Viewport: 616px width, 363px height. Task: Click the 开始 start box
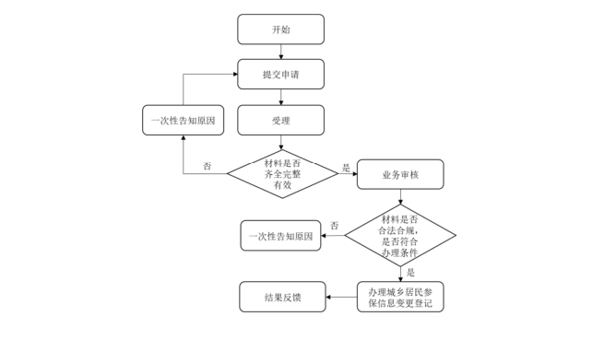click(x=280, y=29)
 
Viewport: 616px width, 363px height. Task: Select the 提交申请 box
click(x=280, y=75)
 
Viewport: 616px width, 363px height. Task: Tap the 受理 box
click(x=280, y=120)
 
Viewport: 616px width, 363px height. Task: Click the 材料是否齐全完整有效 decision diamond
click(x=282, y=173)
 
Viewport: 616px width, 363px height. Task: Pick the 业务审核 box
click(x=399, y=174)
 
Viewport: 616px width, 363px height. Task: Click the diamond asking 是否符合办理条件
click(x=400, y=236)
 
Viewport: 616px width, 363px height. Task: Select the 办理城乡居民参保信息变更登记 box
click(x=400, y=297)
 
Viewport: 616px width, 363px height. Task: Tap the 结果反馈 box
click(x=282, y=297)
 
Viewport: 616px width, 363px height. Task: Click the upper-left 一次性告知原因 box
click(x=184, y=120)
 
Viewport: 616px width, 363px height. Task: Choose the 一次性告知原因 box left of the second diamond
click(x=281, y=236)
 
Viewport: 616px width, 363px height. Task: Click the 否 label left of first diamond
click(x=207, y=167)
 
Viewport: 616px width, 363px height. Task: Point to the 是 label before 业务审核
click(x=347, y=168)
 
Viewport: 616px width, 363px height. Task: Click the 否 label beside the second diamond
click(x=334, y=226)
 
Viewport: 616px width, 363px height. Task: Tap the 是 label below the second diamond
click(x=410, y=273)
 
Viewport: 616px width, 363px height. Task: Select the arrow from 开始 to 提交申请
click(x=280, y=52)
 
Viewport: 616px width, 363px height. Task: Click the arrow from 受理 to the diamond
click(x=280, y=142)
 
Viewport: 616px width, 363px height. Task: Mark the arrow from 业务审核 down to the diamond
click(x=400, y=197)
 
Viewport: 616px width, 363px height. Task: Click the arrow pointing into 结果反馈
click(x=341, y=297)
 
